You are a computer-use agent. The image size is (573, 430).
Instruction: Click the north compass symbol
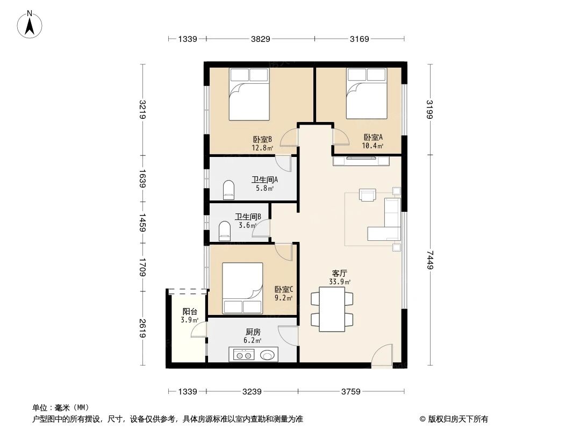(30, 24)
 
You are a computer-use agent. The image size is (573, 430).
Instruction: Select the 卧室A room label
(373, 137)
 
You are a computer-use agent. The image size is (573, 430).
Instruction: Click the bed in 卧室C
(242, 288)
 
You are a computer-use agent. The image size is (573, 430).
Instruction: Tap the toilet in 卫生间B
(225, 232)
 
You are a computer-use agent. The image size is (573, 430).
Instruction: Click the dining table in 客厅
(332, 309)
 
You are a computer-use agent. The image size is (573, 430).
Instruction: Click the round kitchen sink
(267, 354)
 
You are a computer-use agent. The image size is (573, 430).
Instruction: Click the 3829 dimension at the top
(260, 39)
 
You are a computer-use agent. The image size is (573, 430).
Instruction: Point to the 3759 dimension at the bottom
(350, 391)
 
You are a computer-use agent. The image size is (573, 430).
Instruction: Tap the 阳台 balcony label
(189, 311)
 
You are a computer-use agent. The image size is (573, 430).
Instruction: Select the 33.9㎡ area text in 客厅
(341, 282)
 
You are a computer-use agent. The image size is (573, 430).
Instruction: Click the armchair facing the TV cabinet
(368, 195)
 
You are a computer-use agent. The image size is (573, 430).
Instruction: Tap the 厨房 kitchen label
(253, 332)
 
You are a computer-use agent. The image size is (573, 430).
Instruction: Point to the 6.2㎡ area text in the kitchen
(253, 340)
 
